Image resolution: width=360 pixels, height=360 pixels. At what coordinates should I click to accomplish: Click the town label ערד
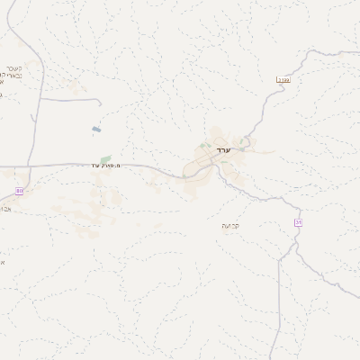(x=224, y=149)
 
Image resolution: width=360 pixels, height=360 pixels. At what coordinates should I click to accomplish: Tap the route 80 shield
(x=20, y=191)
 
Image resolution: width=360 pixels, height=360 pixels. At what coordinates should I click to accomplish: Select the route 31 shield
(x=297, y=222)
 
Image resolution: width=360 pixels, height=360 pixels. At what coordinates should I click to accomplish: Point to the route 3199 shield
(x=283, y=81)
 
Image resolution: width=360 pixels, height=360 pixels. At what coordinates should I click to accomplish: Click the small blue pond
(x=95, y=130)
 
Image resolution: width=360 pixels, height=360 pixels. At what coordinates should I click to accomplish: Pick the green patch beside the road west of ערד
(x=105, y=159)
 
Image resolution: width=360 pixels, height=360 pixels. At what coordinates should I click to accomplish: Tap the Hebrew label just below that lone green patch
(x=106, y=166)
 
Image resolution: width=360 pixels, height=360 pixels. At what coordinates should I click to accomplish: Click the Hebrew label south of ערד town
(x=231, y=224)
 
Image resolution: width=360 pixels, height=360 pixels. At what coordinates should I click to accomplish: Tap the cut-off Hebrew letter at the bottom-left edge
(x=3, y=262)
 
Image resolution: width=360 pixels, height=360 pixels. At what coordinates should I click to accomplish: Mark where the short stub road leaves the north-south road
(x=40, y=99)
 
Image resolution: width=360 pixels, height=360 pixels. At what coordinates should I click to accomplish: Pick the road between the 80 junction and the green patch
(x=67, y=165)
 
